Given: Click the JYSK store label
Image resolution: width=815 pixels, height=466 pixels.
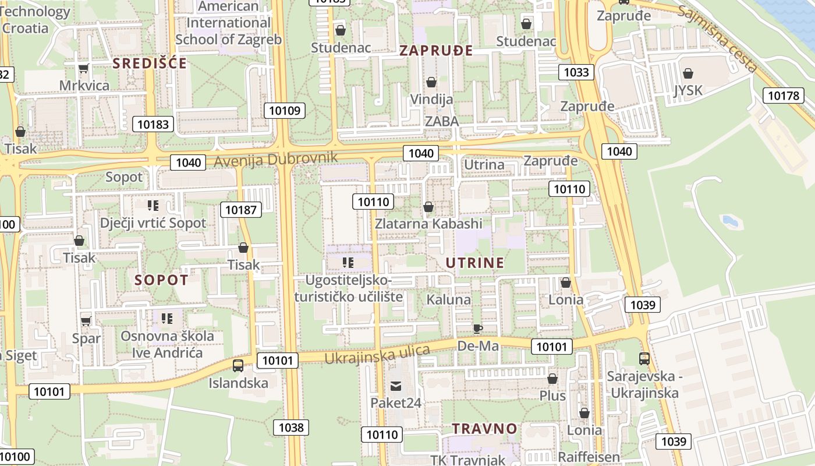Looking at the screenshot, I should click(x=688, y=90).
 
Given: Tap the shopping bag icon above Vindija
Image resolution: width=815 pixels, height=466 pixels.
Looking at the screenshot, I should click(x=431, y=82).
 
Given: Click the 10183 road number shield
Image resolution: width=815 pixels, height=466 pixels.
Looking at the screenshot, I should click(x=153, y=123).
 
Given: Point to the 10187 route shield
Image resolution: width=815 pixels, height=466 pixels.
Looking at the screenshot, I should click(x=241, y=210).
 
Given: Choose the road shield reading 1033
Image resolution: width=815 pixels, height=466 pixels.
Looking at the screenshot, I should click(x=576, y=72).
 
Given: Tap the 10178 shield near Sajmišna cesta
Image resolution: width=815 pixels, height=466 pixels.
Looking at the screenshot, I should click(x=784, y=96).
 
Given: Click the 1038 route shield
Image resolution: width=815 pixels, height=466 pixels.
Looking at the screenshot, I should click(x=291, y=428).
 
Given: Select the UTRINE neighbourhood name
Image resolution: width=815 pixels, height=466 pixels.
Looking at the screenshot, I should click(x=475, y=263).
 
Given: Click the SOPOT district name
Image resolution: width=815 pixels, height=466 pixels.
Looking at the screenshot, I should click(x=162, y=280).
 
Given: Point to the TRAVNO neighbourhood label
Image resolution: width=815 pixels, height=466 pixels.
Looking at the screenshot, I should click(x=485, y=429).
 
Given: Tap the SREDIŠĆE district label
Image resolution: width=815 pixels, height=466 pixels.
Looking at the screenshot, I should click(x=150, y=63).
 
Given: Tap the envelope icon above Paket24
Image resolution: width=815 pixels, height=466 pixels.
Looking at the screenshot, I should click(x=396, y=386).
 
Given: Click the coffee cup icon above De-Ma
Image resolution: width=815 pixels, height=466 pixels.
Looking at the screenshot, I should click(x=477, y=329).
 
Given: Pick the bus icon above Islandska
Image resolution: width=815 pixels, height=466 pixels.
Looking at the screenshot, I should click(x=238, y=366).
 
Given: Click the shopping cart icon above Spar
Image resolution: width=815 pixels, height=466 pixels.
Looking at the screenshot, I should click(x=86, y=321).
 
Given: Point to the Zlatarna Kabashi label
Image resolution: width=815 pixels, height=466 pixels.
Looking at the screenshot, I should click(x=428, y=224).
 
